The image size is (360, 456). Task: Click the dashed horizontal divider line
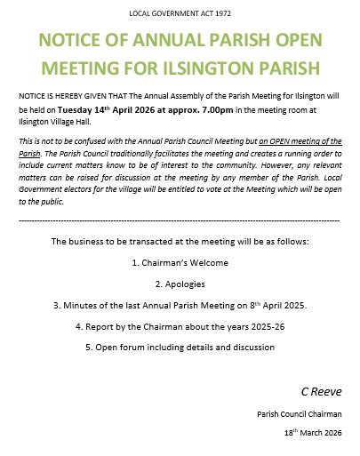pos(180,219)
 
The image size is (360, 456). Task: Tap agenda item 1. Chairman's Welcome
pos(180,263)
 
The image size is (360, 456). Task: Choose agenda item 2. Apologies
pos(180,284)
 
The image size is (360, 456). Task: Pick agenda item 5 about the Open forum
pos(180,346)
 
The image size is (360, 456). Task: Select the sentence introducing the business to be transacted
pos(180,242)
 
